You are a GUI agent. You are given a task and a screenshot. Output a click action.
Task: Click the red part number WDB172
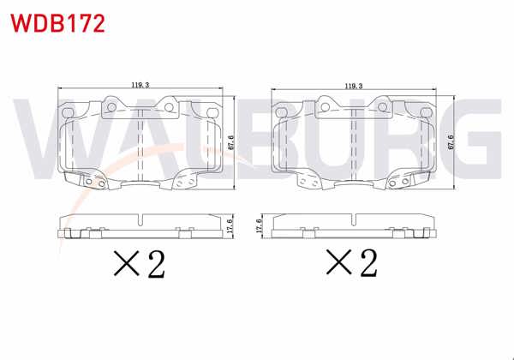pos(57,22)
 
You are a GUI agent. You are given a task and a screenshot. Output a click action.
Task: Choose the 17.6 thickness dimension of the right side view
pos(259,225)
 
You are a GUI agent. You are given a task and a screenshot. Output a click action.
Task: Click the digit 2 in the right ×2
pos(368,265)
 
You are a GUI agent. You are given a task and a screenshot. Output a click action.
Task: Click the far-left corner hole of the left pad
pos(69,109)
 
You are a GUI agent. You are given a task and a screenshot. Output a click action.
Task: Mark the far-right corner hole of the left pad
pos(211,109)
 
